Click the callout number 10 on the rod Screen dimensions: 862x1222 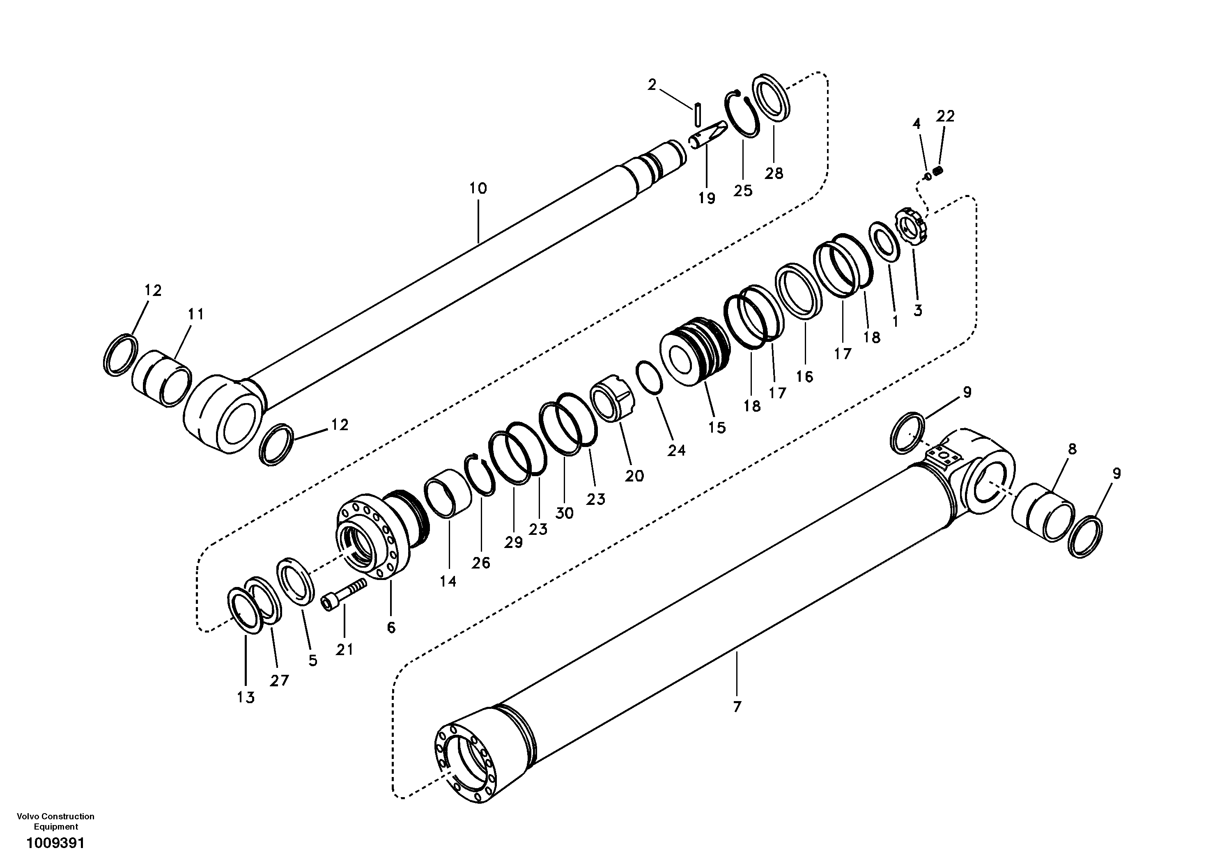click(x=478, y=188)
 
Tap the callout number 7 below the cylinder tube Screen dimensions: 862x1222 click(x=737, y=707)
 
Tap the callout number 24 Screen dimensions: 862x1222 click(x=676, y=451)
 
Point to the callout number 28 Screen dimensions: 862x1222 click(x=774, y=174)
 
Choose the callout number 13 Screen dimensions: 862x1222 click(x=246, y=697)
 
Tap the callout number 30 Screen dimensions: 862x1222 click(x=565, y=513)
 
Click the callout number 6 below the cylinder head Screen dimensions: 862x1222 click(x=391, y=628)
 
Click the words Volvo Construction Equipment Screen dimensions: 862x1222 click(x=55, y=821)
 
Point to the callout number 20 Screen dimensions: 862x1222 click(x=634, y=476)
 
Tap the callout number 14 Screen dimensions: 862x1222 click(x=448, y=582)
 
